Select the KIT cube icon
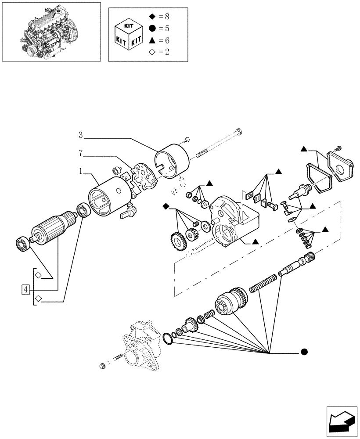[x=127, y=35]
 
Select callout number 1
[x=81, y=172]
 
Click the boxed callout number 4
[x=26, y=289]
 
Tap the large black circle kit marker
[x=304, y=352]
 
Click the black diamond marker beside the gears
[x=166, y=206]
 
